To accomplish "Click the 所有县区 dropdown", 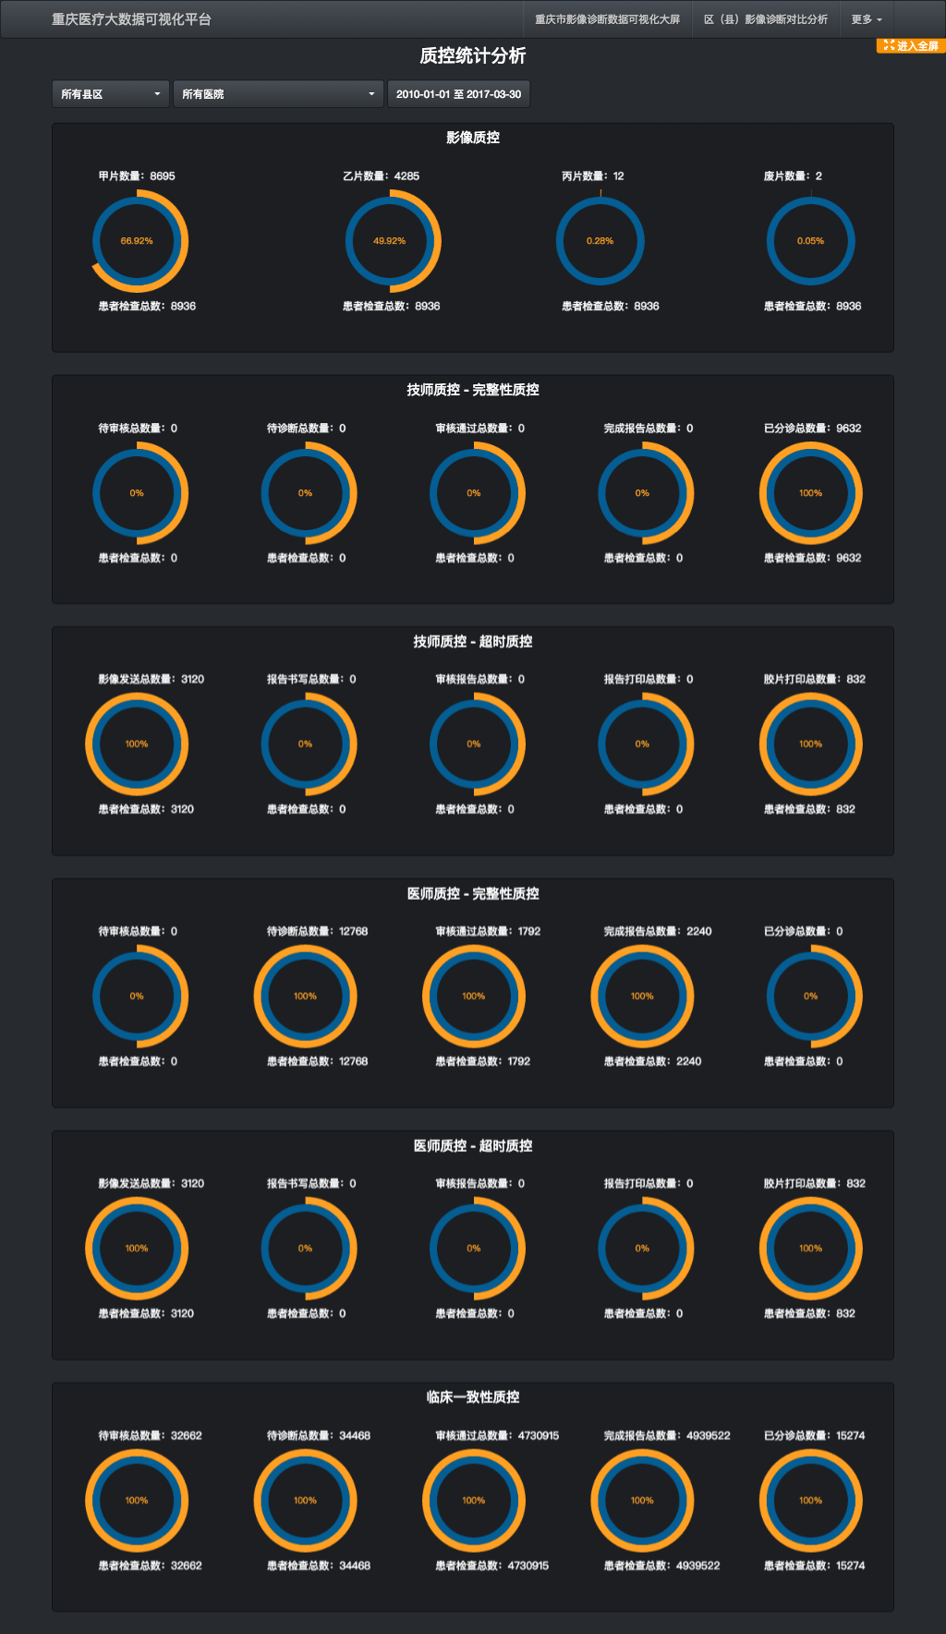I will click(x=111, y=94).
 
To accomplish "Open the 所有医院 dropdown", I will click(x=278, y=94).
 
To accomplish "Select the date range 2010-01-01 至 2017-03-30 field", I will click(x=458, y=94).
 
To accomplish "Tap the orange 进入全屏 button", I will click(x=911, y=46).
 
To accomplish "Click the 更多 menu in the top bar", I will click(x=867, y=19).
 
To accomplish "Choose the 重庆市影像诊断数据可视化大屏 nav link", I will click(x=607, y=19).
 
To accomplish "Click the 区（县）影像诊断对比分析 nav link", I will click(x=765, y=19).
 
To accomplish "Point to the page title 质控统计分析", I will click(x=473, y=56).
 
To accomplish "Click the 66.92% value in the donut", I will click(x=137, y=241).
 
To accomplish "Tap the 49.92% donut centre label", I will click(x=389, y=241).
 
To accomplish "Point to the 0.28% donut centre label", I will click(x=600, y=241).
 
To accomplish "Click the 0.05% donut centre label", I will click(x=810, y=241).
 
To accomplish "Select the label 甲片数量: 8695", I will click(x=137, y=176).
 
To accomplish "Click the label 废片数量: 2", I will click(x=793, y=176).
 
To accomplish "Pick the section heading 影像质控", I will click(x=473, y=138).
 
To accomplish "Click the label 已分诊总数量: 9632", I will click(x=812, y=428).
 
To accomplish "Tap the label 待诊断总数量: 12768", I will click(x=317, y=931).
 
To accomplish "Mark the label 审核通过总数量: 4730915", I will click(x=497, y=1435).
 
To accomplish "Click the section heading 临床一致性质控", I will click(x=473, y=1398).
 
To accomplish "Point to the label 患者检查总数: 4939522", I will click(x=661, y=1566).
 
